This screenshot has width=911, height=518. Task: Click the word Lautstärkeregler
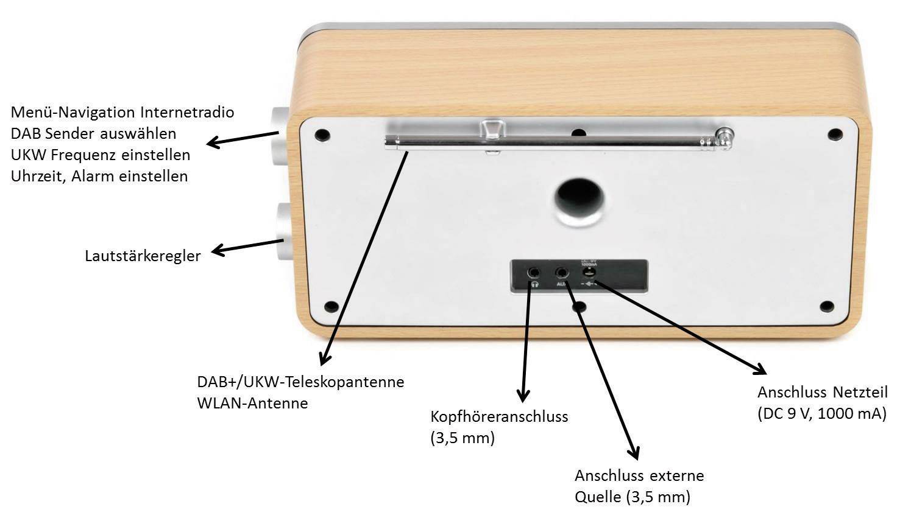[143, 256]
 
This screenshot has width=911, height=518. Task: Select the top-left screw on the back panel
[322, 135]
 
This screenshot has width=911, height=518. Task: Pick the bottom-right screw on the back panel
[826, 306]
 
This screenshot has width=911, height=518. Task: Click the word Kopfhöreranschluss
[499, 417]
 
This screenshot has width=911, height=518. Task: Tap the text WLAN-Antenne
[252, 403]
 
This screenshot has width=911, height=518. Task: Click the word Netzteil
[860, 392]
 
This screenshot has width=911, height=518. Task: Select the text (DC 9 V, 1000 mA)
[821, 414]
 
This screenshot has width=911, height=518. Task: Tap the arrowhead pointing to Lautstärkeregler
[217, 250]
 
